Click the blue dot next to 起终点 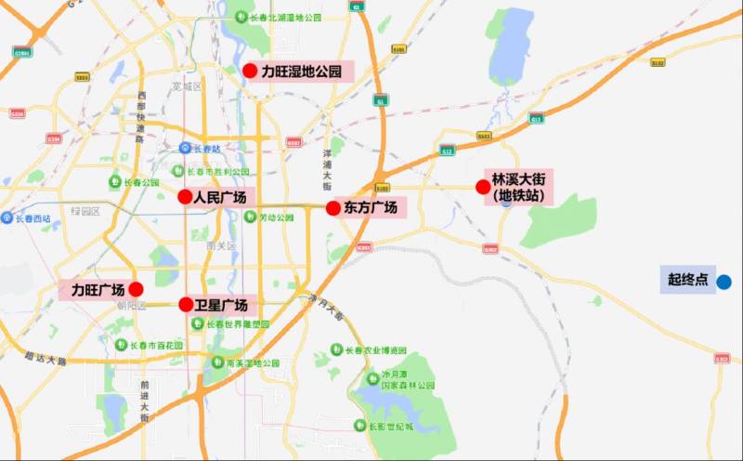[723, 281]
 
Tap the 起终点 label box [687, 279]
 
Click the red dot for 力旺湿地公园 [249, 71]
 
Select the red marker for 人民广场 [185, 197]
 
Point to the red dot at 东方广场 [332, 208]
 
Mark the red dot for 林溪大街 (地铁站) [483, 187]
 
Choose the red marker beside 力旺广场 [136, 289]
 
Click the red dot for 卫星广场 [186, 304]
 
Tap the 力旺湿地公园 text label [302, 72]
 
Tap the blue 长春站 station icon [185, 148]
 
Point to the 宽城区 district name [187, 86]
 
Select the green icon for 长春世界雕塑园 [198, 323]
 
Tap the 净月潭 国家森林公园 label [408, 380]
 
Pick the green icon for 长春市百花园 [120, 345]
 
